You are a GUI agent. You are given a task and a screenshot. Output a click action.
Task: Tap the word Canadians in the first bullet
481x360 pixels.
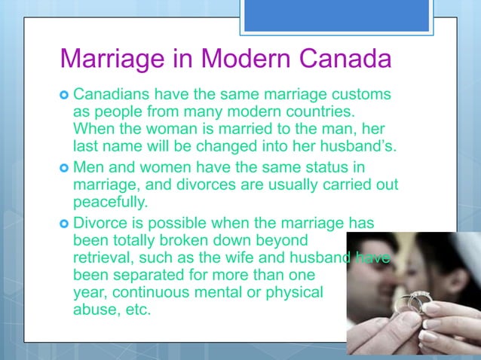tap(112, 96)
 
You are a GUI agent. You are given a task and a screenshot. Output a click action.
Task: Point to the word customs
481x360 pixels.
tap(360, 96)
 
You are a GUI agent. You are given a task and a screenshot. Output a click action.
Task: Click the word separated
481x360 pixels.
tap(157, 275)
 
